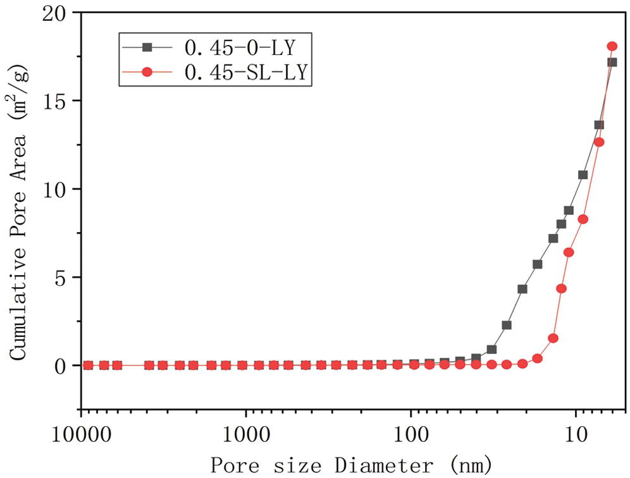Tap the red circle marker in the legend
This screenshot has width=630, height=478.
[x=147, y=73]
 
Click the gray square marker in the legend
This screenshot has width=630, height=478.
[x=147, y=48]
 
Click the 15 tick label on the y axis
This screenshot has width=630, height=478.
[x=59, y=101]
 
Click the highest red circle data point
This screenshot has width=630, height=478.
[x=612, y=46]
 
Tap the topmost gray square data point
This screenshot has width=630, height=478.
[x=612, y=62]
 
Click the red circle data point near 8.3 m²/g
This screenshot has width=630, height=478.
[x=583, y=219]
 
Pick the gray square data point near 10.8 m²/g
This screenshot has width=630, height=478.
[x=583, y=175]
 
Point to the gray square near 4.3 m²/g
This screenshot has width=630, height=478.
[x=522, y=289]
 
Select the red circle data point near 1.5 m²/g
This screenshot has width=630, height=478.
[x=553, y=338]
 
